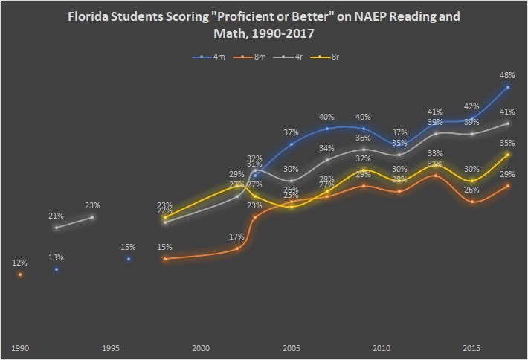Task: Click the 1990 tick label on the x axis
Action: (19, 347)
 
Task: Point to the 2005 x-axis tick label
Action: (291, 347)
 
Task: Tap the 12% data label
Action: (19, 263)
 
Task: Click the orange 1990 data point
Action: (20, 274)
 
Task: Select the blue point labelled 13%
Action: (57, 269)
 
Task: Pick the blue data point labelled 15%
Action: (129, 259)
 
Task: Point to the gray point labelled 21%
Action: (57, 227)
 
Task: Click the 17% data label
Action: (237, 237)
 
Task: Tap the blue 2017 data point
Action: (508, 87)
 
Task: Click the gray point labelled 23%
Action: (92, 216)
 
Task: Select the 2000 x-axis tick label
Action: (201, 347)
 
